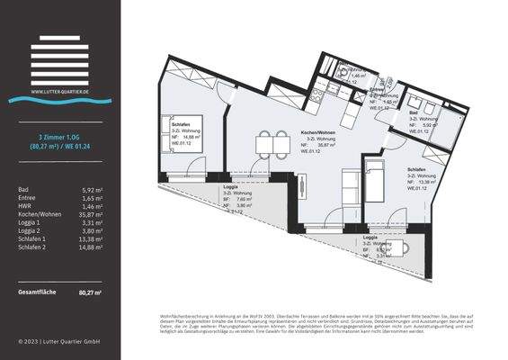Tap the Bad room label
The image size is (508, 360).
[413, 112]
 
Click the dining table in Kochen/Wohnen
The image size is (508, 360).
[267, 142]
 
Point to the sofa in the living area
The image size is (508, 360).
[354, 190]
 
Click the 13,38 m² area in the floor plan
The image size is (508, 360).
[426, 182]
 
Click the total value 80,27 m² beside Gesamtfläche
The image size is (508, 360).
[90, 292]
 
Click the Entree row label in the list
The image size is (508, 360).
[26, 199]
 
